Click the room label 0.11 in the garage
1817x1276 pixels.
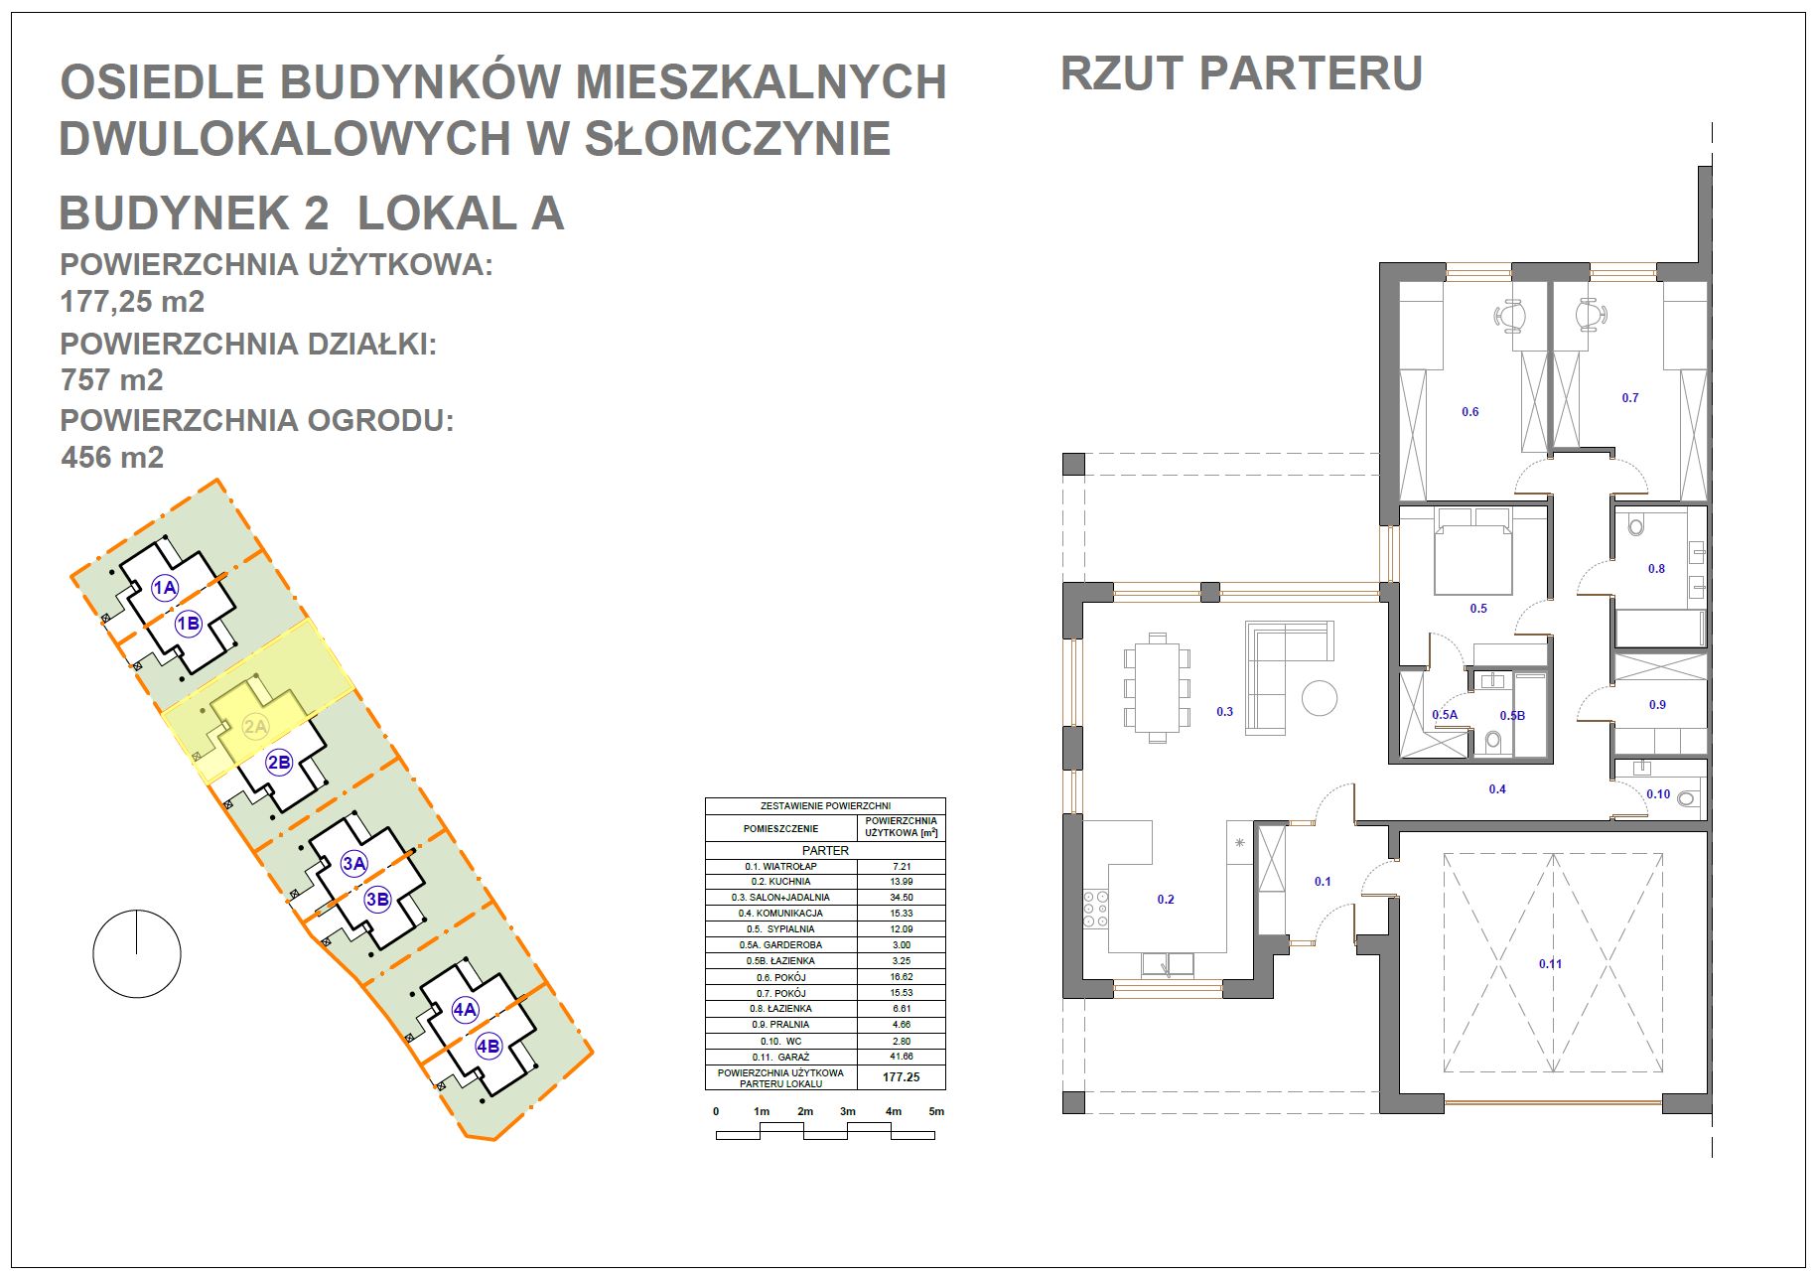[x=1550, y=963]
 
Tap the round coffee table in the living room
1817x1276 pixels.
[x=1320, y=696]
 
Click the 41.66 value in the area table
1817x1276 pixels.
[x=901, y=1057]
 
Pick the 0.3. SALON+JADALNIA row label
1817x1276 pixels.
[x=780, y=898]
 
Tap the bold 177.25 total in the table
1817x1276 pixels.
[x=901, y=1076]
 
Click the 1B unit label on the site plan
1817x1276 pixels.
[x=188, y=624]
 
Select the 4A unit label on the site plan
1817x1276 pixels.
[x=465, y=1010]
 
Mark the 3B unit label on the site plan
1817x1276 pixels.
[x=377, y=900]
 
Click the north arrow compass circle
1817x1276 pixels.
[x=137, y=953]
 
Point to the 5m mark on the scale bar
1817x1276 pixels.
[x=935, y=1111]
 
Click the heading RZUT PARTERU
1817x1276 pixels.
[x=1241, y=73]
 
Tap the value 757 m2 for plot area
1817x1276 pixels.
[x=112, y=380]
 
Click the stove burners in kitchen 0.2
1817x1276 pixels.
[x=1095, y=908]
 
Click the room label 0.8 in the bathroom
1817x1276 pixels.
[x=1656, y=569]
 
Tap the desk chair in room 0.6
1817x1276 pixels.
[x=1511, y=315]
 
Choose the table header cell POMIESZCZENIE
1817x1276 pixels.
[x=780, y=828]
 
